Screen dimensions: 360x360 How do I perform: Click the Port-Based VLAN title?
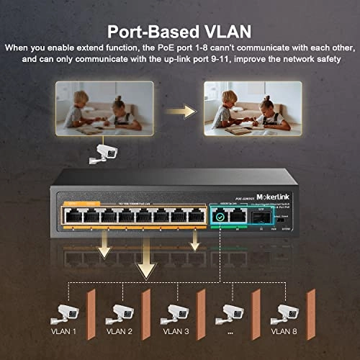point(179,32)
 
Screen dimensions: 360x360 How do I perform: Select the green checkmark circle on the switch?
point(220,215)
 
